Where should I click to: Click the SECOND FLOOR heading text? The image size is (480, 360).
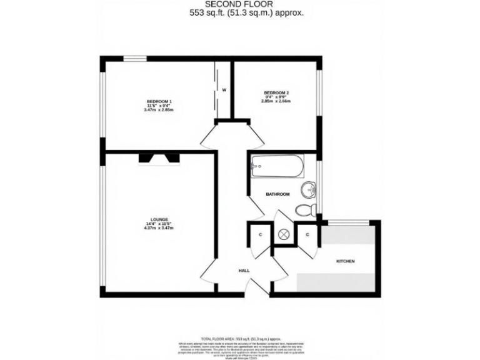[239, 4]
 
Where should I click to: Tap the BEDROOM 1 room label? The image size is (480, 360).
[159, 102]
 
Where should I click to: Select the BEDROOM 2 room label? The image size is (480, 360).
[276, 93]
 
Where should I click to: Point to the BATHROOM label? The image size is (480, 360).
[277, 194]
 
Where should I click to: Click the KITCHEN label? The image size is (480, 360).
[346, 261]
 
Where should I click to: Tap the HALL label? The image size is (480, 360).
[244, 271]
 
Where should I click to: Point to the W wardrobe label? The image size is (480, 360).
[222, 89]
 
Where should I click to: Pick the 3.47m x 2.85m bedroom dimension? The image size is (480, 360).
[159, 110]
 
